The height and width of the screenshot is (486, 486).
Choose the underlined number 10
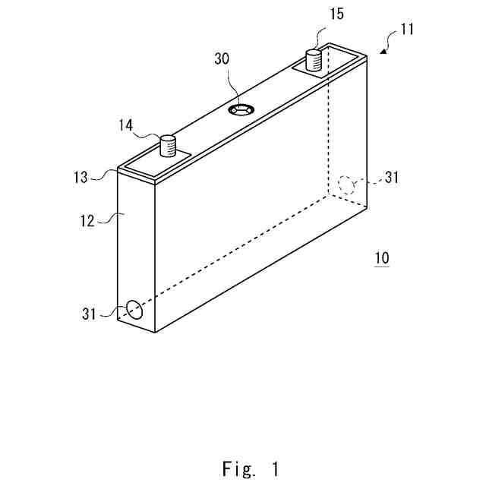[382, 258]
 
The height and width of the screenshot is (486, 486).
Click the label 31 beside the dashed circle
[392, 178]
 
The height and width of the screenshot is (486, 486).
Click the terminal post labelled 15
[314, 58]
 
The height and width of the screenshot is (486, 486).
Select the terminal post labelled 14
[169, 144]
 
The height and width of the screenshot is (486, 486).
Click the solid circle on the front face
[134, 309]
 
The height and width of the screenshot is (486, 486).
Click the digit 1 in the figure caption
[273, 469]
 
